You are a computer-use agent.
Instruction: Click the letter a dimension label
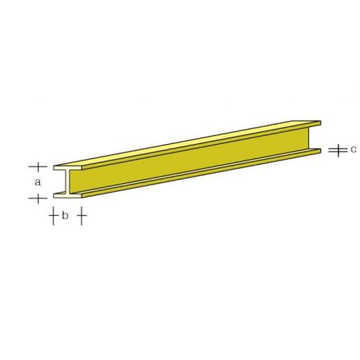pyautogui.click(x=37, y=182)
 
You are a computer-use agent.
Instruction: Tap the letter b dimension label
pyautogui.click(x=65, y=215)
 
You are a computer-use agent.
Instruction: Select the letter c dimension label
pyautogui.click(x=353, y=149)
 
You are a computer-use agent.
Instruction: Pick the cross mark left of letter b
pyautogui.click(x=52, y=215)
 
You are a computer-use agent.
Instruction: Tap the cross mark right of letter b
pyautogui.click(x=81, y=215)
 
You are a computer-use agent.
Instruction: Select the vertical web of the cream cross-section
pyautogui.click(x=68, y=182)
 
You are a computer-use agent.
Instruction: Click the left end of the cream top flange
pyautogui.click(x=55, y=168)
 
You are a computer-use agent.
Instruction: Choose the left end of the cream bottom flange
pyautogui.click(x=55, y=194)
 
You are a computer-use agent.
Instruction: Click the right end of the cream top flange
pyautogui.click(x=81, y=168)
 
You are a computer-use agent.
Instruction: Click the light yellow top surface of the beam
pyautogui.click(x=192, y=144)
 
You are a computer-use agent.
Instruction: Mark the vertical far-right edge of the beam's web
pyautogui.click(x=309, y=139)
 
